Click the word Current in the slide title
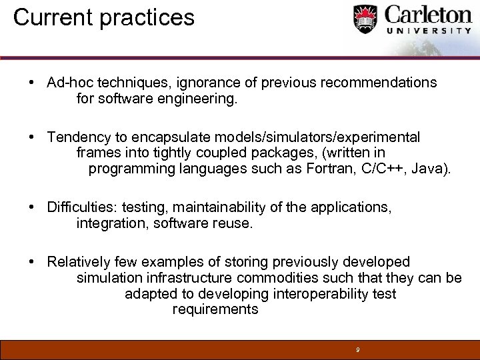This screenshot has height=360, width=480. click(53, 17)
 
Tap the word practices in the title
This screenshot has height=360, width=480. click(147, 18)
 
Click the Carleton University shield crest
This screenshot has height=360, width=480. click(365, 19)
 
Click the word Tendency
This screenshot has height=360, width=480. click(77, 137)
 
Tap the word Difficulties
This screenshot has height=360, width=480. click(82, 207)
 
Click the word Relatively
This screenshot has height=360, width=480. click(79, 262)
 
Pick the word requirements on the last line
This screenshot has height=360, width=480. click(215, 310)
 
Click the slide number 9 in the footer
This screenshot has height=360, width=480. click(358, 349)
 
